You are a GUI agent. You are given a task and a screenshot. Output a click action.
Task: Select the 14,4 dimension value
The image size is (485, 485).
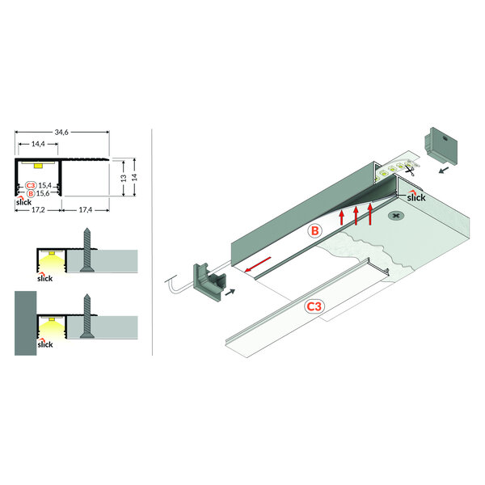coord(38,143)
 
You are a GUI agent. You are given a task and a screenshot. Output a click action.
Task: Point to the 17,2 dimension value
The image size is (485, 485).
coord(37,209)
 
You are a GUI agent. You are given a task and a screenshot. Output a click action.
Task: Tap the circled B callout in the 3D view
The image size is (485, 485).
coord(316,230)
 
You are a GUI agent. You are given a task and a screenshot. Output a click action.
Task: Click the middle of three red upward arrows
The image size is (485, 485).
coord(356,216)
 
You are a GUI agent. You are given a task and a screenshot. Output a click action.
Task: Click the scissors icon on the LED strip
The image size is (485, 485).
coord(411,168)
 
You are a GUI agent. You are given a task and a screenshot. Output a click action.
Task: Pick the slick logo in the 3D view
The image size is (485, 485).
coord(415,195)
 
